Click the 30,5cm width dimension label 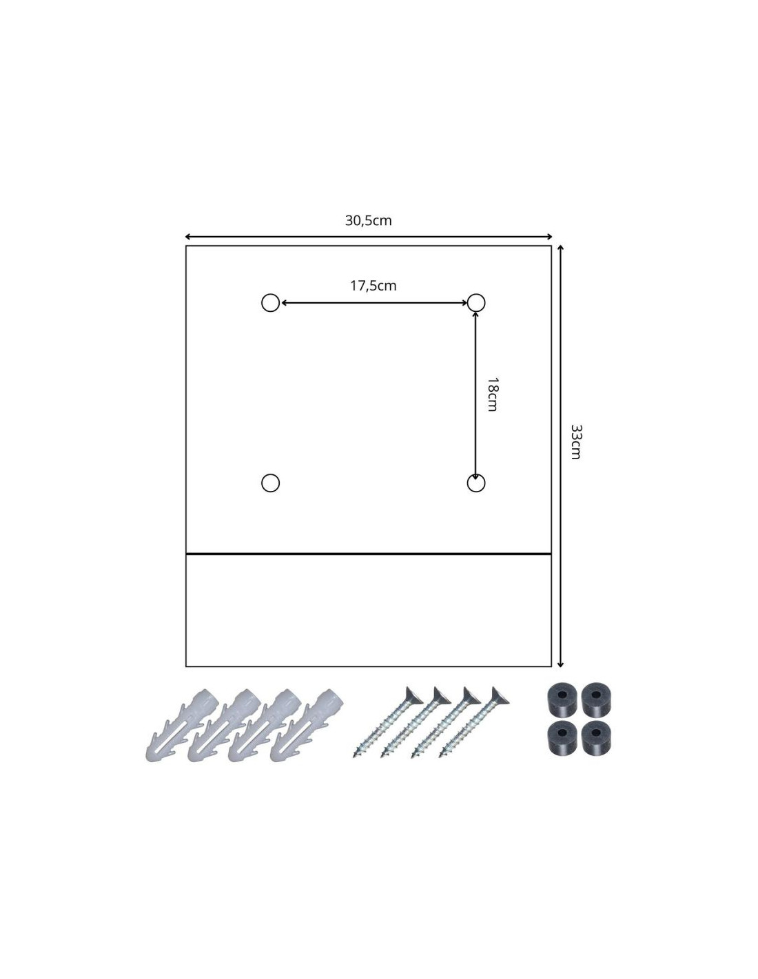(x=368, y=221)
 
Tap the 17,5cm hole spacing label (x=373, y=286)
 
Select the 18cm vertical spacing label (x=492, y=394)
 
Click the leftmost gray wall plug (x=182, y=724)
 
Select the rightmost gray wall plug (x=307, y=724)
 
